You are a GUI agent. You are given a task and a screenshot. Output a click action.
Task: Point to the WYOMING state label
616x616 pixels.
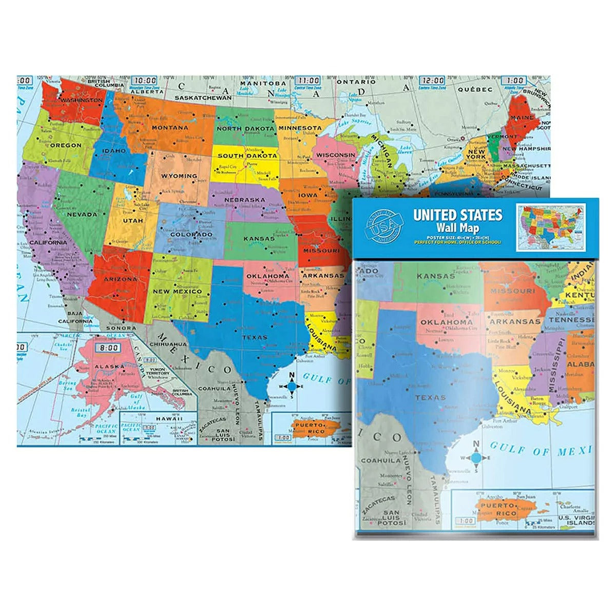coord(179,176)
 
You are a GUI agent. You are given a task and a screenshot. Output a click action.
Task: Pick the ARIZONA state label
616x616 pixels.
coord(120,279)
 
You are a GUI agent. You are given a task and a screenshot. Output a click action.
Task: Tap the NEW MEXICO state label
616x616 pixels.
coord(178,291)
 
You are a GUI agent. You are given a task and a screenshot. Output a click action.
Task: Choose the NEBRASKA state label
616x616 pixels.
coord(244,200)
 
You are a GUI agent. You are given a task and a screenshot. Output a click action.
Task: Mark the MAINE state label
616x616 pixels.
coord(522,118)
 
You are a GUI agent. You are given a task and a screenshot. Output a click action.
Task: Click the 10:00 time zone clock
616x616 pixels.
coord(145,81)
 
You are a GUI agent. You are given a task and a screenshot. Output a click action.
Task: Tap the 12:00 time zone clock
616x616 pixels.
coord(432,81)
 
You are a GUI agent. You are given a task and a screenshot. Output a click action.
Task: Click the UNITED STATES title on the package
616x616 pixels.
coord(458,214)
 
